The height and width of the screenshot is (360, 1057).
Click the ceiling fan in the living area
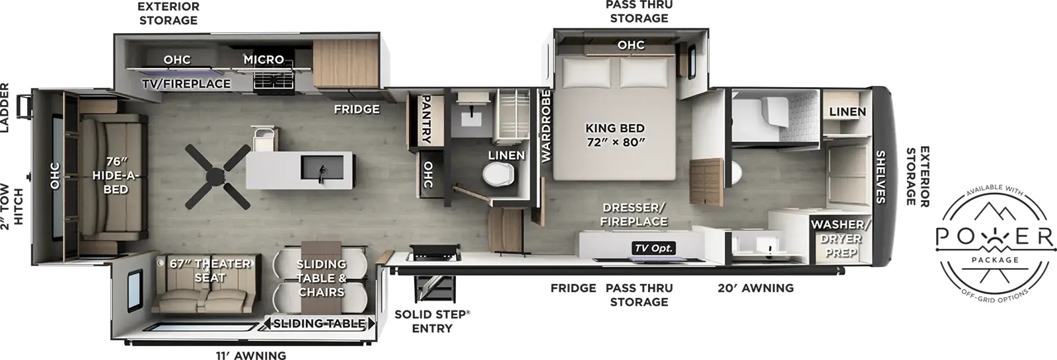click(x=217, y=176)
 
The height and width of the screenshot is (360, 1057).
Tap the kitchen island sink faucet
click(x=323, y=174)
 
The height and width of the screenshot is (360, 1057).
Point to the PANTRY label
click(x=425, y=120)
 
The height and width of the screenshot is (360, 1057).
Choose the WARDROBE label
click(x=546, y=126)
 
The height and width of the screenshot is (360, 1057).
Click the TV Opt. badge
click(x=653, y=248)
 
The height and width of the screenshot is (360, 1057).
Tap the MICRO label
click(x=264, y=59)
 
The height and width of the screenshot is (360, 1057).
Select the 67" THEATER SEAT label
click(x=210, y=270)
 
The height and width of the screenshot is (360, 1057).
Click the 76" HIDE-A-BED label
click(x=116, y=176)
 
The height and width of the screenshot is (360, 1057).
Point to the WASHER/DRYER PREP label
click(x=840, y=238)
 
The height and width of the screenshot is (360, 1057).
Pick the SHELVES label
click(x=881, y=177)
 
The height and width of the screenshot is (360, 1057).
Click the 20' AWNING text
click(x=756, y=288)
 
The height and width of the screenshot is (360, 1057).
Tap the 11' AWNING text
click(x=251, y=355)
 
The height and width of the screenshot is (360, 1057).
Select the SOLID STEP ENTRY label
click(x=432, y=321)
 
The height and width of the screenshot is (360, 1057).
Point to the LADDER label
click(x=5, y=108)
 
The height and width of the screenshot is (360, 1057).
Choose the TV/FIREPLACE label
click(x=186, y=83)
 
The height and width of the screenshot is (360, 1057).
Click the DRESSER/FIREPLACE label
click(x=634, y=215)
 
